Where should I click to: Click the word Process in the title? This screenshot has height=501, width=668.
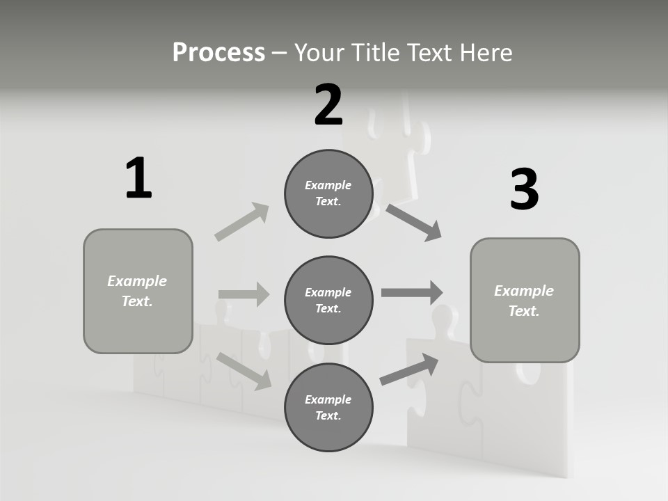[x=218, y=53]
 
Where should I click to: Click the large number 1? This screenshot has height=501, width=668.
[x=138, y=179]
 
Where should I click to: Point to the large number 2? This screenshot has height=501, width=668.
[x=328, y=105]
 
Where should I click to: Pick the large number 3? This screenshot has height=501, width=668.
[x=524, y=190]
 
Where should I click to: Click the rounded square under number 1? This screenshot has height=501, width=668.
[x=138, y=291]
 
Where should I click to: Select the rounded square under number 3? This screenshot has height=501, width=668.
[x=525, y=301]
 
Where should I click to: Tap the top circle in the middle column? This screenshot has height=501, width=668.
[x=328, y=193]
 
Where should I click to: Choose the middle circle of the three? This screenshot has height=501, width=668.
[x=328, y=301]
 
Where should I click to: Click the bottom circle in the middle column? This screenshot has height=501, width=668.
[x=328, y=408]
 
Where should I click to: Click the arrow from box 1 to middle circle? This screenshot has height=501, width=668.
[x=244, y=294]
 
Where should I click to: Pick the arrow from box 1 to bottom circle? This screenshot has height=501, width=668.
[x=244, y=370]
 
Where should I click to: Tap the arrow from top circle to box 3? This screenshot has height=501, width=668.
[x=414, y=222]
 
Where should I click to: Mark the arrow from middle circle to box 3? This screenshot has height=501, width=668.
[x=412, y=293]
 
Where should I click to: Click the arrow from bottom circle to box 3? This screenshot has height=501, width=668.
[x=410, y=369]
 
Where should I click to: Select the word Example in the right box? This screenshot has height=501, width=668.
[x=524, y=291]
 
